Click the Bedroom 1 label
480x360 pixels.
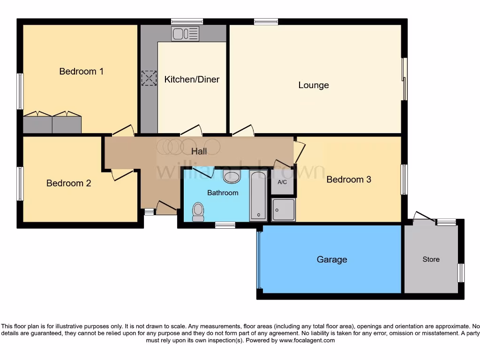pyautogui.click(x=81, y=71)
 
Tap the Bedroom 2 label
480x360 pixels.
pyautogui.click(x=68, y=183)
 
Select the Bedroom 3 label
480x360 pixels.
pyautogui.click(x=349, y=179)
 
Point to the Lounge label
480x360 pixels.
pyautogui.click(x=314, y=85)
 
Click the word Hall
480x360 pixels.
pyautogui.click(x=199, y=151)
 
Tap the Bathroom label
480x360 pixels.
pyautogui.click(x=223, y=193)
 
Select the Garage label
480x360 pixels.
pyautogui.click(x=332, y=259)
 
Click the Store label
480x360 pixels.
pyautogui.click(x=431, y=259)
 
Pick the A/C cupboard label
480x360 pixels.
pyautogui.click(x=283, y=182)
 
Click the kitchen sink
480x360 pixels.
pyautogui.click(x=185, y=33)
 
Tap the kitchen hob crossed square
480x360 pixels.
pyautogui.click(x=149, y=78)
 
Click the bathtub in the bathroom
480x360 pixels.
pyautogui.click(x=258, y=196)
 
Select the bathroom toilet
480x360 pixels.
pyautogui.click(x=198, y=212)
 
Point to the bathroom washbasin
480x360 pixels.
pyautogui.click(x=231, y=177)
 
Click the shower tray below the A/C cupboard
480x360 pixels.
pyautogui.click(x=283, y=210)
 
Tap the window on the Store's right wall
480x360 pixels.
pyautogui.click(x=461, y=273)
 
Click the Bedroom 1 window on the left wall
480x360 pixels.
pyautogui.click(x=20, y=91)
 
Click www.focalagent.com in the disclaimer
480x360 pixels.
pyautogui.click(x=307, y=341)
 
